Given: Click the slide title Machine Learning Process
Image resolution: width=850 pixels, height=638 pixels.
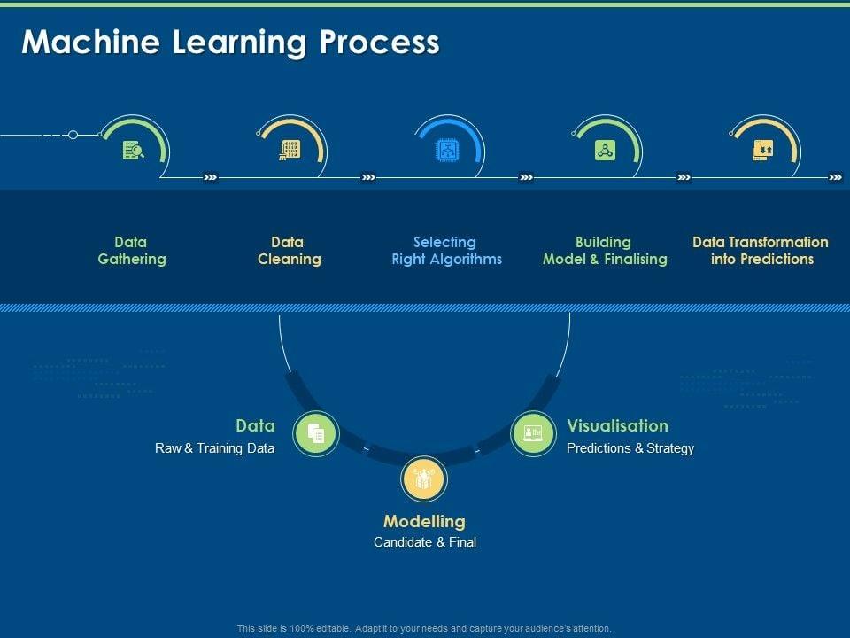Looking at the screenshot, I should click(230, 43).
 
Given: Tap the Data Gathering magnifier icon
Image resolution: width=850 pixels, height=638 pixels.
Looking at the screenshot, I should click(133, 150).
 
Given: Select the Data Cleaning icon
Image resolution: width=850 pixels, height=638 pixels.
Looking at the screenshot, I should click(290, 150).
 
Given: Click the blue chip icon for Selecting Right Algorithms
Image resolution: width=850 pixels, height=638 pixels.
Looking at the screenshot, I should click(447, 150).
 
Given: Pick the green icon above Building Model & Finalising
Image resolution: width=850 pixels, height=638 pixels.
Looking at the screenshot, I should click(605, 150).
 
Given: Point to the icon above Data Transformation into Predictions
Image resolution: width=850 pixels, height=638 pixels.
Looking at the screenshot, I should click(762, 150).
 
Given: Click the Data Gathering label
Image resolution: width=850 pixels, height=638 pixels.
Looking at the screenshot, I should click(131, 251).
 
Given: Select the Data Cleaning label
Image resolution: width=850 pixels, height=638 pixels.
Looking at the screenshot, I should click(289, 251).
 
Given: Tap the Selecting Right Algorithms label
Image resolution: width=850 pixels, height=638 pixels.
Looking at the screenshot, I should click(446, 251).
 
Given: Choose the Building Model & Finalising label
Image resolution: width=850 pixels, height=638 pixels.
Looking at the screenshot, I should click(604, 251).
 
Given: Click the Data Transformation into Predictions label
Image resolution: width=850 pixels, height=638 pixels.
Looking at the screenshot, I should click(761, 251).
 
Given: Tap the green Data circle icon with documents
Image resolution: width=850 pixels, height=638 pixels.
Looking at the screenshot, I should click(316, 433).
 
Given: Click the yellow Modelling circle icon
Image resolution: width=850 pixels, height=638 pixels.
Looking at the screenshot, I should click(425, 479).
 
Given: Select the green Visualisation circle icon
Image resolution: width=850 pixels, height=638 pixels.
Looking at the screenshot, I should click(533, 433).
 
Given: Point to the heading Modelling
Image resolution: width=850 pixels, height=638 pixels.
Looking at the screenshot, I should click(424, 521).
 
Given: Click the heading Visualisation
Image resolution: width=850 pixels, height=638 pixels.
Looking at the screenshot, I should click(617, 425).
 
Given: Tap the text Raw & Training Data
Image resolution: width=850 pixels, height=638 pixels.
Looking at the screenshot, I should click(214, 448).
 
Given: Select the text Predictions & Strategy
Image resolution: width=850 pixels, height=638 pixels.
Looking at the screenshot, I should click(630, 448).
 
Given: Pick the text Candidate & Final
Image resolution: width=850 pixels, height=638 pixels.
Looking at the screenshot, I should click(424, 542).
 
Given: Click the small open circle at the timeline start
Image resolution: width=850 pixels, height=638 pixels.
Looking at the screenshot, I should click(73, 135).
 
